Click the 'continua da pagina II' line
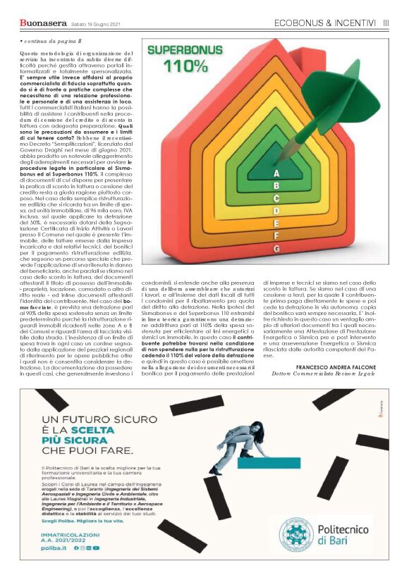(45, 42)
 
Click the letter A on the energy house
(276, 173)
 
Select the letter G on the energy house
(276, 249)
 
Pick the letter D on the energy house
(276, 211)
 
